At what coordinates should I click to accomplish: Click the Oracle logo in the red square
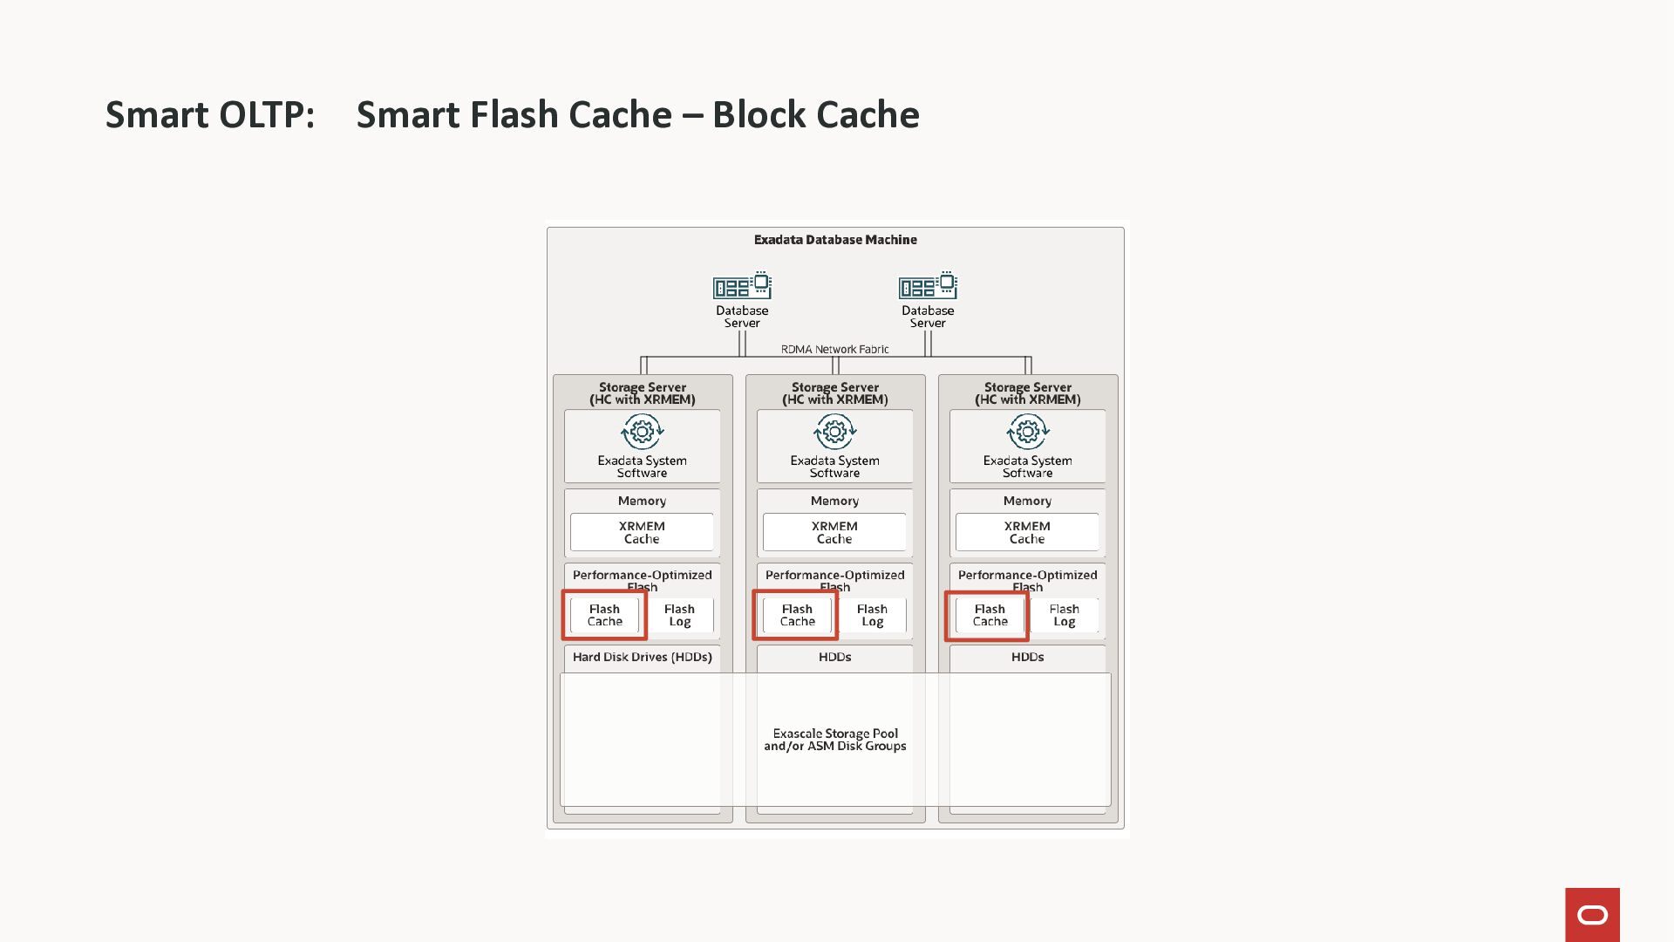point(1592,915)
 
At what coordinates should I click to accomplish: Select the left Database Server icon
point(742,286)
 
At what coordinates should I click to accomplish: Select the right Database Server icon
point(928,286)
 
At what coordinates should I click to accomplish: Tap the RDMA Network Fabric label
point(834,349)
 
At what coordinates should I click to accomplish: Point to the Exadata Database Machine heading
point(835,240)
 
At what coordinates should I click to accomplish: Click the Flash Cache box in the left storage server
point(604,616)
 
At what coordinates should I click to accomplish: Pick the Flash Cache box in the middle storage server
point(797,616)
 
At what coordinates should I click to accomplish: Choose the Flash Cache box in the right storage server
point(990,616)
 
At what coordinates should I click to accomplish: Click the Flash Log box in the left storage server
point(679,616)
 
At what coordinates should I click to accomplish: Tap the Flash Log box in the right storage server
point(1064,616)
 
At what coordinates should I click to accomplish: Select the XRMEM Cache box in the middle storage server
point(834,532)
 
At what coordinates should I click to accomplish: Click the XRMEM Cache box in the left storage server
point(642,532)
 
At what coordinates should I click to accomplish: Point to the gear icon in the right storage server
point(1027,431)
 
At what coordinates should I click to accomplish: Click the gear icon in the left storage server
point(642,431)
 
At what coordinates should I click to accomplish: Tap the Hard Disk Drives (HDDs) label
point(642,657)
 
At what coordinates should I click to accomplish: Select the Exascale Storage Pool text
point(835,740)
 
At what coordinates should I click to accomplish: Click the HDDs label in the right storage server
point(1027,657)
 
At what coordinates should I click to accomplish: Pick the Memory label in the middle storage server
point(834,501)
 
